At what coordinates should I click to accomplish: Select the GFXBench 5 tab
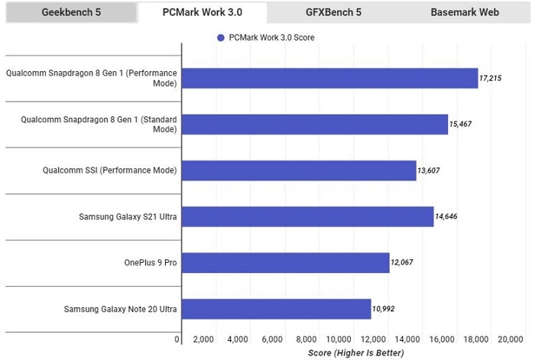(x=333, y=12)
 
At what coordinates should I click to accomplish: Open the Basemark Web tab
(x=465, y=12)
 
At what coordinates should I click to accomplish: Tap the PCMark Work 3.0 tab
(x=202, y=12)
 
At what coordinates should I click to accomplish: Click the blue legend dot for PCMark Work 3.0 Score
(x=221, y=37)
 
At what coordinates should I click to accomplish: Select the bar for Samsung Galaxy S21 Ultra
(x=307, y=217)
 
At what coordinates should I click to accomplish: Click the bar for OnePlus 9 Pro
(x=285, y=263)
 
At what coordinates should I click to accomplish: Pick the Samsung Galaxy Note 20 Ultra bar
(x=276, y=309)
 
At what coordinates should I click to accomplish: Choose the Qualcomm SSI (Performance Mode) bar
(x=298, y=170)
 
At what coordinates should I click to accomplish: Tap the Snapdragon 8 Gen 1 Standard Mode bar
(x=314, y=124)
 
